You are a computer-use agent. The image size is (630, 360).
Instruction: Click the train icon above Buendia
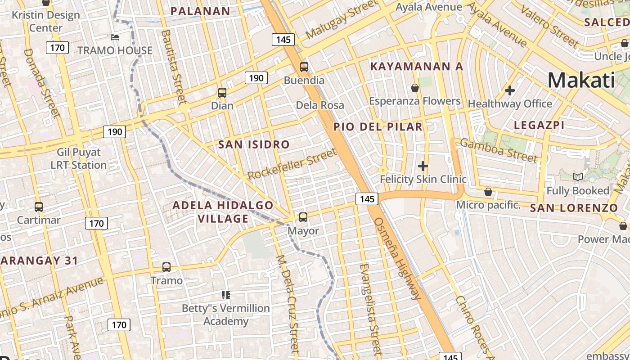coord(304,67)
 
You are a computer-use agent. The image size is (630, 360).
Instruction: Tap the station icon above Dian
coord(222,93)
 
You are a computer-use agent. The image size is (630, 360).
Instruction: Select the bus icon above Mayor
coord(303,217)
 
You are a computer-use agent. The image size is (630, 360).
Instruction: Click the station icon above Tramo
coord(166,267)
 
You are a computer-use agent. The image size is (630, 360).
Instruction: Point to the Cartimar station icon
coord(39,207)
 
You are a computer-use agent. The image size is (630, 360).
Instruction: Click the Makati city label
coord(581,81)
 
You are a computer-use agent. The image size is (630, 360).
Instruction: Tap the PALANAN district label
coord(200,11)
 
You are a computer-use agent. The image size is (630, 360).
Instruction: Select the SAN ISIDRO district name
coord(254,144)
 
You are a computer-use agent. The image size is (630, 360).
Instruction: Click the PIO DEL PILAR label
coord(378,127)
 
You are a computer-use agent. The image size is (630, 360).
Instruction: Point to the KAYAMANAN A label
coord(416,67)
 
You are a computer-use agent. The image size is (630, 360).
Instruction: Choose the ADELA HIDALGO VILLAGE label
coord(223,212)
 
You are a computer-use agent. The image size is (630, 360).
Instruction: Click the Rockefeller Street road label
coord(292,165)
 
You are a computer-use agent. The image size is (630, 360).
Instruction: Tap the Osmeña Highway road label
coord(398,259)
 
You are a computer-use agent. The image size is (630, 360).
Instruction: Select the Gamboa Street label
coord(499,150)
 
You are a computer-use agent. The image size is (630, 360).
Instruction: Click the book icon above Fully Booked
coord(578,177)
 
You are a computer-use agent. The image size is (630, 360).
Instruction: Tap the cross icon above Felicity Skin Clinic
coord(423,166)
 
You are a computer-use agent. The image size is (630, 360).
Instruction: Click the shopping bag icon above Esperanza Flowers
coord(415,87)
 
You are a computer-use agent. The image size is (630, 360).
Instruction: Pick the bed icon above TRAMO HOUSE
coord(115,37)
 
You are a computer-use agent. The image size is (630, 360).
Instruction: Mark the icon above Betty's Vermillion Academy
coord(226,295)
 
